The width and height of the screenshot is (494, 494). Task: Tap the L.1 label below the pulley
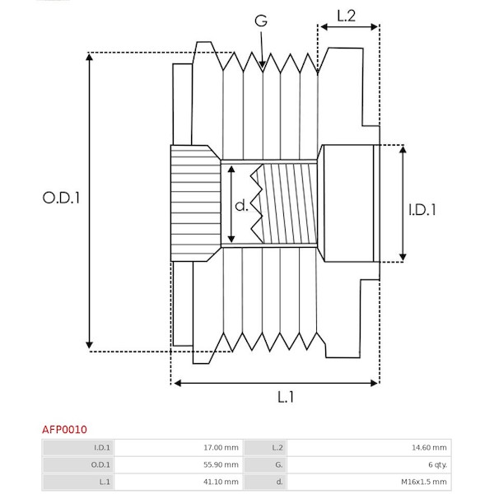coord(285,397)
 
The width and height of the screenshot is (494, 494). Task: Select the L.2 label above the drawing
coord(347,14)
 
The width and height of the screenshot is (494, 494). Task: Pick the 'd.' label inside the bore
coord(240,205)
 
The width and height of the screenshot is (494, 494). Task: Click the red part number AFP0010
coord(65,429)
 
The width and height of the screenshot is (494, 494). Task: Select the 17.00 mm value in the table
coord(222,448)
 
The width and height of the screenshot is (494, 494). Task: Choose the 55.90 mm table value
coord(222,465)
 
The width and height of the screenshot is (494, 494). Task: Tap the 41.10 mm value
coord(222,482)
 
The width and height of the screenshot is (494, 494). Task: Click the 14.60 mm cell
coord(431,448)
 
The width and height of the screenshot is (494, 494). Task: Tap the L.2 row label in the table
coord(277,448)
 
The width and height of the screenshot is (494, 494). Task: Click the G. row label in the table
coord(279,465)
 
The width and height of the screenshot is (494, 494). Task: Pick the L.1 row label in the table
coord(105,482)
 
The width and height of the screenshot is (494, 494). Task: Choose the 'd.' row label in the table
coord(280,482)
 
